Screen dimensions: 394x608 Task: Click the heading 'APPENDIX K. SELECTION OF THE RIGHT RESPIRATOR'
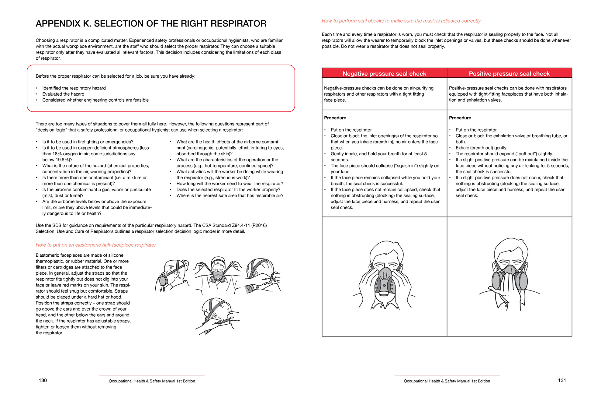(x=151, y=24)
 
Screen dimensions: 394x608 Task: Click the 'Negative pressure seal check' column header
(x=384, y=74)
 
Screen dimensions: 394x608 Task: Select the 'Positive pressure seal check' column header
(x=509, y=74)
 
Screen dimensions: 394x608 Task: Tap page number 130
(x=43, y=380)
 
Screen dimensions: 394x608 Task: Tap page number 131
(x=562, y=380)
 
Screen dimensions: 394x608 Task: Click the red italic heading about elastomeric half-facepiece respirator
(x=96, y=245)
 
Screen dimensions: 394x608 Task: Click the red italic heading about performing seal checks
(x=401, y=21)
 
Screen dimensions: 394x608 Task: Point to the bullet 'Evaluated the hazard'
(x=63, y=94)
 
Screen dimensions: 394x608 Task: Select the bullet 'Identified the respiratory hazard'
(x=74, y=88)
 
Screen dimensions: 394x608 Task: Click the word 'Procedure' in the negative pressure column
(x=335, y=118)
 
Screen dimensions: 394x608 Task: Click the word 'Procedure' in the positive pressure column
(x=460, y=118)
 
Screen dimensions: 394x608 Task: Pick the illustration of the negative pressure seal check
(x=384, y=276)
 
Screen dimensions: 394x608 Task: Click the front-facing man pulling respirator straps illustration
(x=218, y=276)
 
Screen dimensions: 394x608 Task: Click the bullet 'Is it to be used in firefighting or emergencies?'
(x=88, y=142)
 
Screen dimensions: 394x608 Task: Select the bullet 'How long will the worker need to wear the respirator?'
(x=230, y=184)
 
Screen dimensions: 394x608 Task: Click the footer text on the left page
(x=152, y=381)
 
